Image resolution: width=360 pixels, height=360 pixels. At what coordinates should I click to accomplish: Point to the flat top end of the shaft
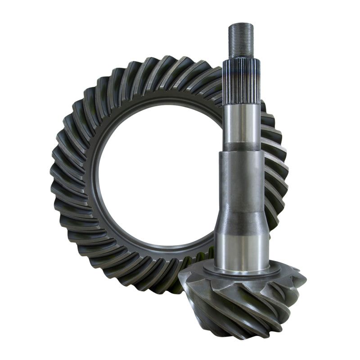pos(241,23)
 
